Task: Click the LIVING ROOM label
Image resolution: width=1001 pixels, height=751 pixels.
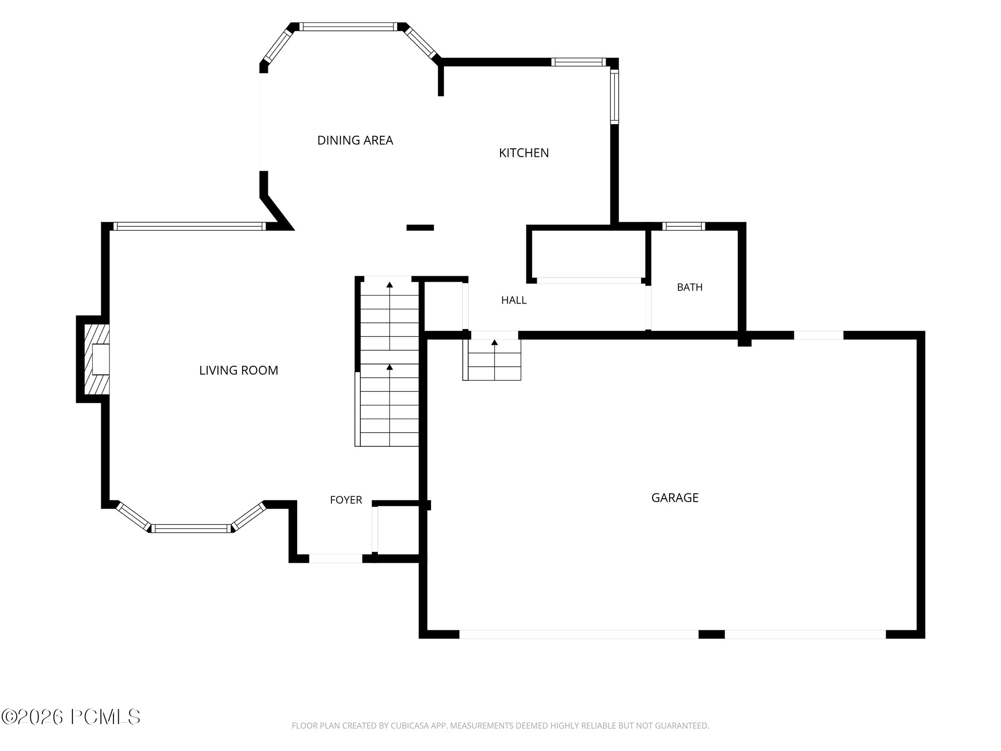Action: coord(239,371)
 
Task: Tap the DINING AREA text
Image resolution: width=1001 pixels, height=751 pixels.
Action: coord(355,140)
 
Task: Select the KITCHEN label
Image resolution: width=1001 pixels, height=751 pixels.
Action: coord(524,153)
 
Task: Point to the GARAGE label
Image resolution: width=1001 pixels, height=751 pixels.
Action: coord(675,498)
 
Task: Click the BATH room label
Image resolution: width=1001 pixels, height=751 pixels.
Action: coord(690,287)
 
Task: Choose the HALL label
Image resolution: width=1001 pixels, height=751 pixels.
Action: coord(514,300)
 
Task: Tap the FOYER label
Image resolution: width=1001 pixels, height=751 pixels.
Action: coord(346,500)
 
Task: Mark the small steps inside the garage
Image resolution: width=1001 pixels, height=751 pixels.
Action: coord(492,359)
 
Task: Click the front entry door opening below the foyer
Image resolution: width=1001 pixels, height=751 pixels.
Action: coord(336,558)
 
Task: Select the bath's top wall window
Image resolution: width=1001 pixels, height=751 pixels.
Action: coord(684,226)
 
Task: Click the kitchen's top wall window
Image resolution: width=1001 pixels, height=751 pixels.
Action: coord(579,62)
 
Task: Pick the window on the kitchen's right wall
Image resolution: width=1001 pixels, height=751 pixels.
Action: coord(615,96)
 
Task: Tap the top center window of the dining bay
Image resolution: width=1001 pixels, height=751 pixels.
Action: coord(348,27)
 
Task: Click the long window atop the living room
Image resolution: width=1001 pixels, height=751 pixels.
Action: coord(190,226)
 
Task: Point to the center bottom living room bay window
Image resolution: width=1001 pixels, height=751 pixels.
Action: coord(191,529)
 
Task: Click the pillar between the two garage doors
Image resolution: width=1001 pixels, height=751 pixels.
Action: coord(712,634)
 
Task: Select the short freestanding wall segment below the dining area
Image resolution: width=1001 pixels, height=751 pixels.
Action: coord(420,227)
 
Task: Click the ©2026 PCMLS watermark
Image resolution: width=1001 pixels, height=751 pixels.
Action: coord(71,717)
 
